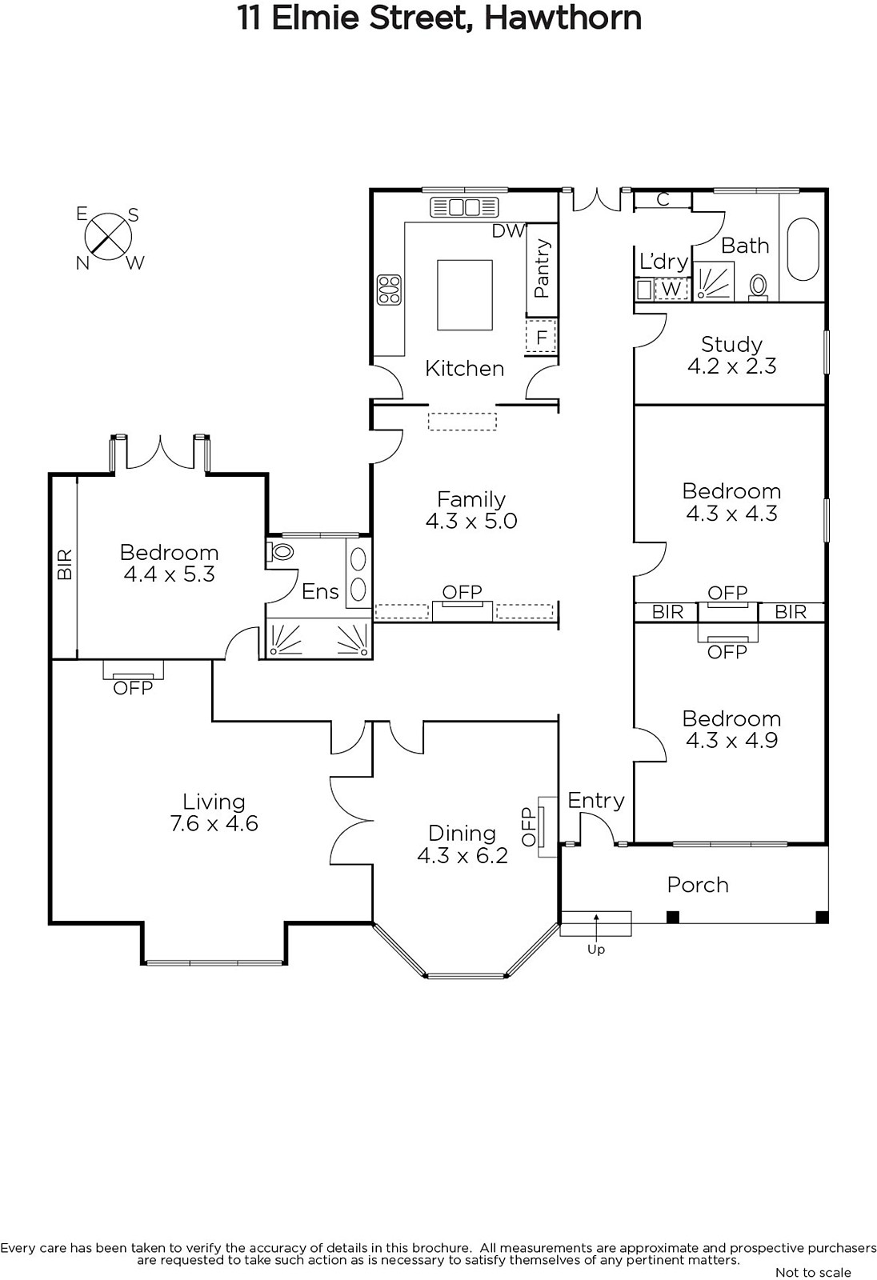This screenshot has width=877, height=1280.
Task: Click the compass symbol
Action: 108,237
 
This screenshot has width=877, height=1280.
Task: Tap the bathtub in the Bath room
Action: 803,249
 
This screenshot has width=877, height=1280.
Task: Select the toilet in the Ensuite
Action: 280,552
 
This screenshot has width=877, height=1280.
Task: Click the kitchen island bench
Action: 465,295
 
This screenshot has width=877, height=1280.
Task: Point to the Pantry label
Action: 542,268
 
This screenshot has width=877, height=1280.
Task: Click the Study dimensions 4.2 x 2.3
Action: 732,366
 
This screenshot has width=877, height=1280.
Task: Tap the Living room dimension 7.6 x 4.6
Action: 214,823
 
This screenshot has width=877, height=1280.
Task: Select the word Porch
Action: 698,885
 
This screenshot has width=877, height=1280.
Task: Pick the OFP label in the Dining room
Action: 528,827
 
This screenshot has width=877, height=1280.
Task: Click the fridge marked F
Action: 541,338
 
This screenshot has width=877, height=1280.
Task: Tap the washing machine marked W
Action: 672,289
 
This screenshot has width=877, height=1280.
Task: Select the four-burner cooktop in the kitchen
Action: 389,289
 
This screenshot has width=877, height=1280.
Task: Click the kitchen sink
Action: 464,207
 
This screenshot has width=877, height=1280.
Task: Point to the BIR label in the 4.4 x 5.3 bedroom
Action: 65,565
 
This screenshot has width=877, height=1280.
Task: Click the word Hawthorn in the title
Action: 563,18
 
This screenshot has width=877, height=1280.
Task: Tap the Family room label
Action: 471,499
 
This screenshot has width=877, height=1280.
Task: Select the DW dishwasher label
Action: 508,231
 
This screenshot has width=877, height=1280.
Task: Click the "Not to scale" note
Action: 813,1273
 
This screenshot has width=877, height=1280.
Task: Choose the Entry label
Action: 596,801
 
